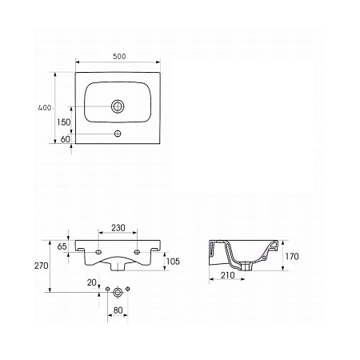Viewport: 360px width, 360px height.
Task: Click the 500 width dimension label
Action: tap(119, 57)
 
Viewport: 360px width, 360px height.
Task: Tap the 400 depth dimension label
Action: tap(45, 108)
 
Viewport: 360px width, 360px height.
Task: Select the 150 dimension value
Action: tap(64, 122)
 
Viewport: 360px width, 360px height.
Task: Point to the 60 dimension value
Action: tap(66, 139)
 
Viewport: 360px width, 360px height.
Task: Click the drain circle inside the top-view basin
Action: tap(118, 106)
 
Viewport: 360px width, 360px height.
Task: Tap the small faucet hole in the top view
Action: tap(118, 134)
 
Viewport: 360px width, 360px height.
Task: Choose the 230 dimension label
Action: tap(118, 228)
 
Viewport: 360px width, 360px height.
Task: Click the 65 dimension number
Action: tap(62, 246)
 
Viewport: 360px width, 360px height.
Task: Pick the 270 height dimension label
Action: tap(42, 266)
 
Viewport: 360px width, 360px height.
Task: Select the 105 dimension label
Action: tap(173, 262)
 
